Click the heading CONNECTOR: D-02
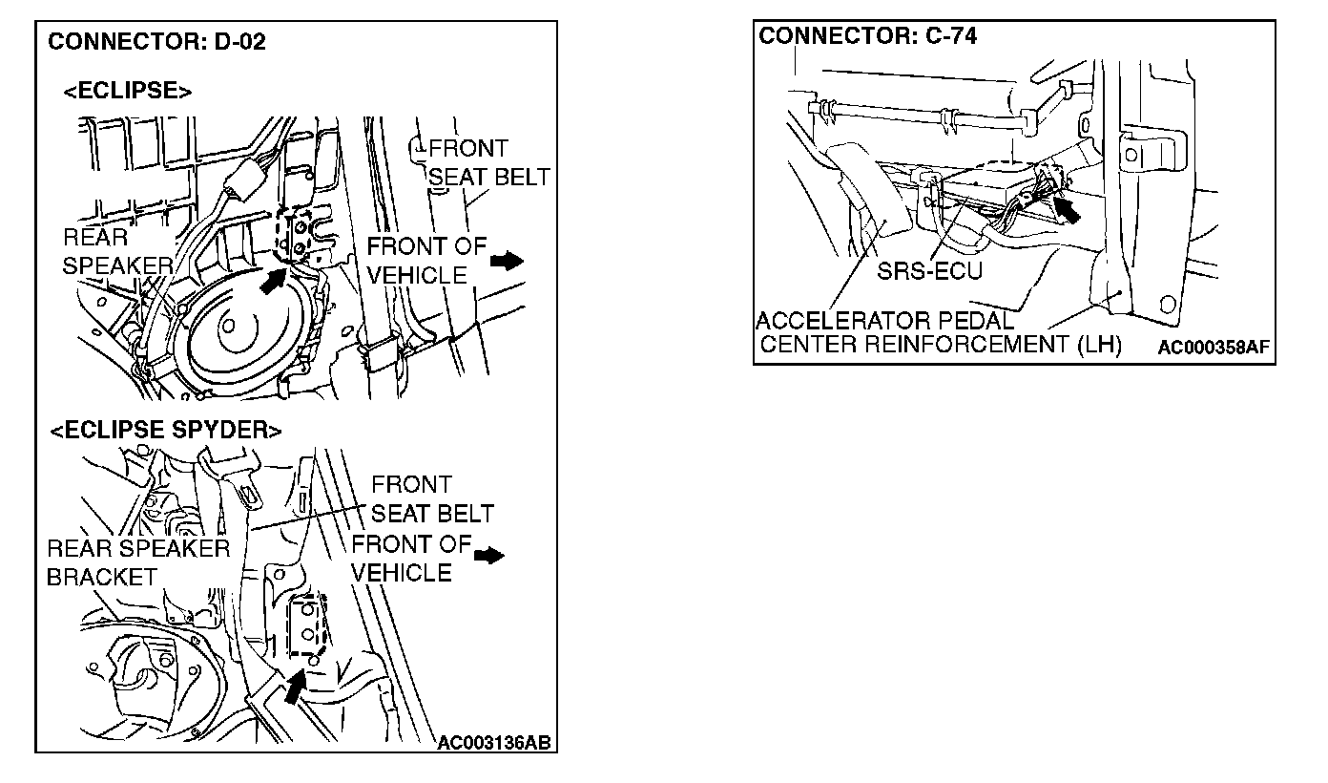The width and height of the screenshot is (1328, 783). pyautogui.click(x=156, y=42)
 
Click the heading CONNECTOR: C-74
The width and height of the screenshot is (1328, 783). pyautogui.click(x=867, y=36)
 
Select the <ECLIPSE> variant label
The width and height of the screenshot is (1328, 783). pyautogui.click(x=127, y=91)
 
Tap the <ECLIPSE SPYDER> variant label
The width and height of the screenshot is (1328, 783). pyautogui.click(x=166, y=431)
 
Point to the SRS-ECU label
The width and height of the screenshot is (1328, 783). pyautogui.click(x=929, y=271)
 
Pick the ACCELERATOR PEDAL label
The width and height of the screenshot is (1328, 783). pyautogui.click(x=884, y=320)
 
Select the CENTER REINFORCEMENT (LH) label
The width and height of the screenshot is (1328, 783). pyautogui.click(x=941, y=344)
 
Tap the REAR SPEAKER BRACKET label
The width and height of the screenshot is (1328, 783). pyautogui.click(x=137, y=562)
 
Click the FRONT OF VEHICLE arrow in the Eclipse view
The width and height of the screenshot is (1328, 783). pyautogui.click(x=508, y=260)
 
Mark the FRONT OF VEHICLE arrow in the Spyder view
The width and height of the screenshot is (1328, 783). pyautogui.click(x=489, y=556)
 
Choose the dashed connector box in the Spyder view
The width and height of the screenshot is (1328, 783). pyautogui.click(x=308, y=625)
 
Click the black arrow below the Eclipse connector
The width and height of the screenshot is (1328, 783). pyautogui.click(x=273, y=281)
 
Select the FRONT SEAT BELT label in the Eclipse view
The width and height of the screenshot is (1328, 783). pyautogui.click(x=488, y=162)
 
